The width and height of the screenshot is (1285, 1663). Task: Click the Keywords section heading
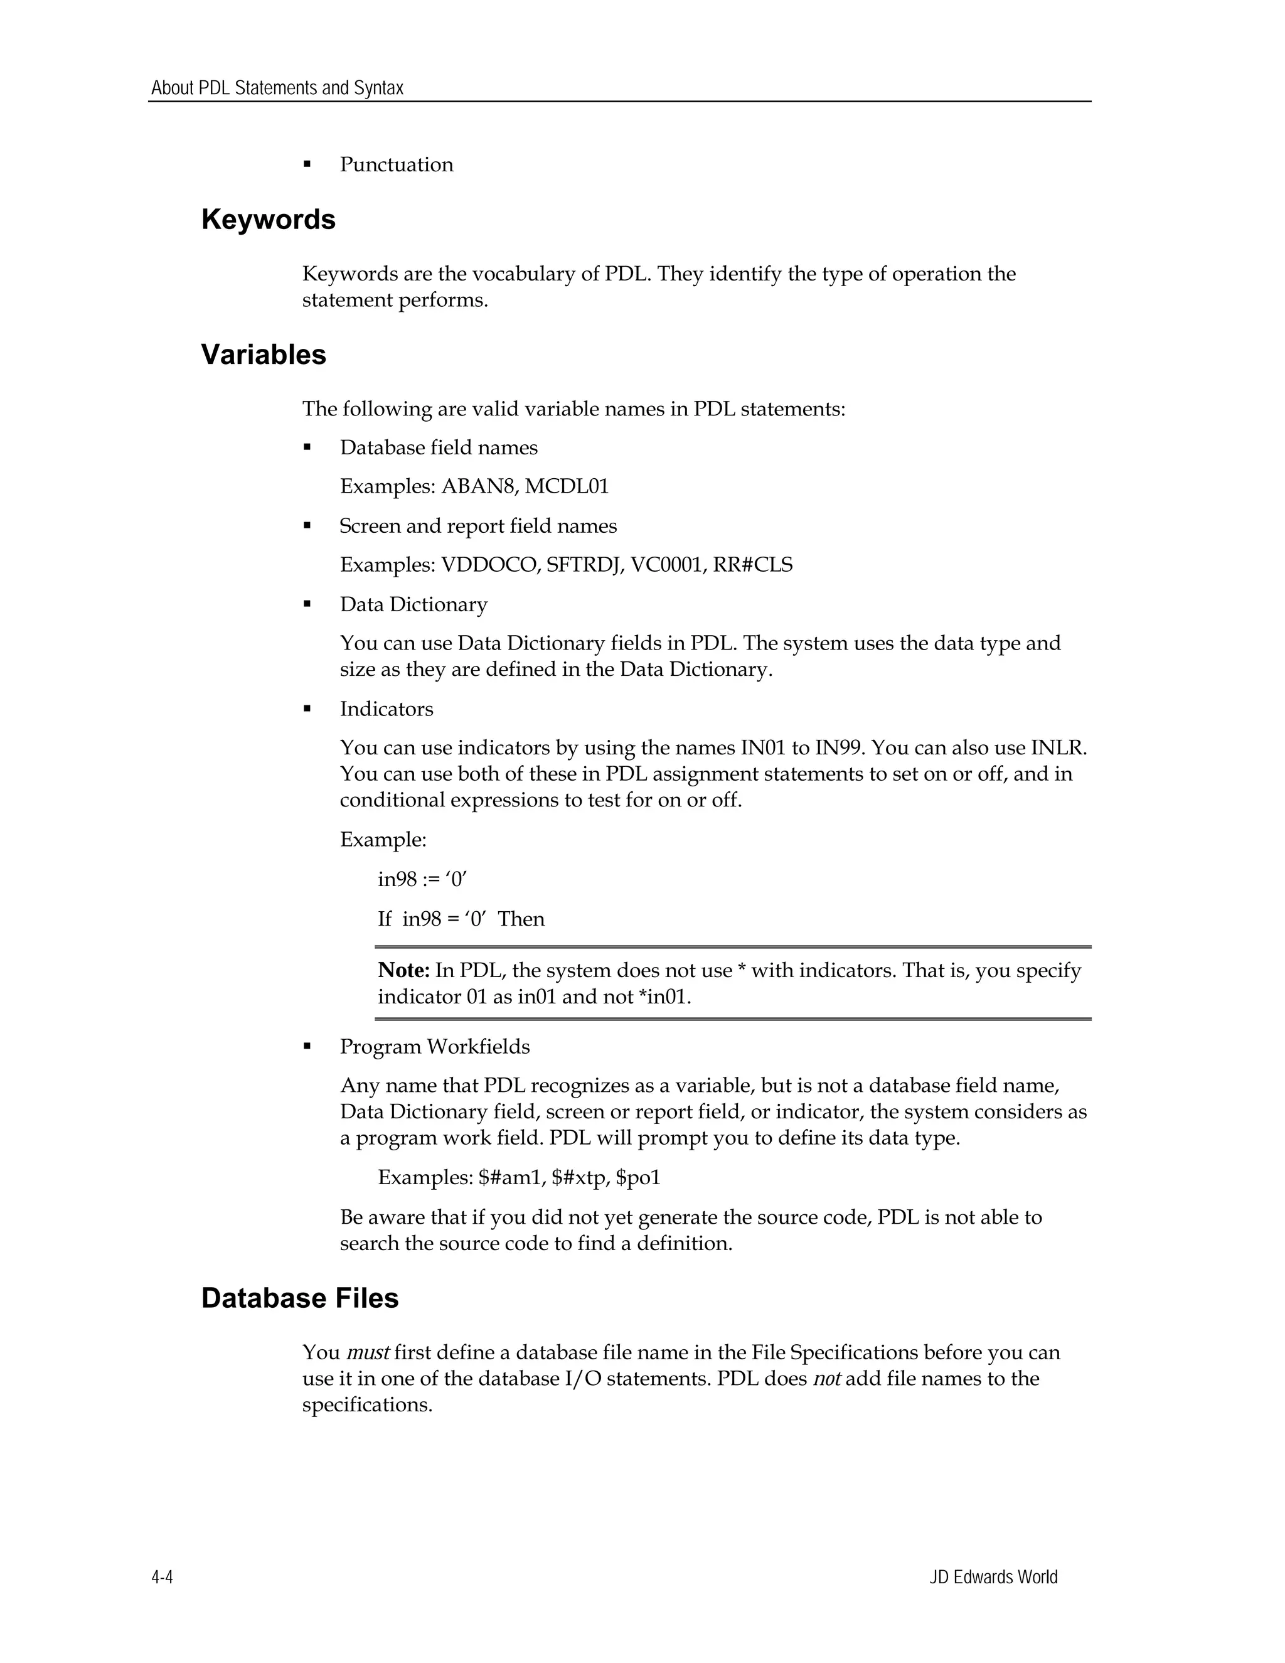tap(268, 220)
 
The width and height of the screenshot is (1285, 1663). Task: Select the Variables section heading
tap(264, 355)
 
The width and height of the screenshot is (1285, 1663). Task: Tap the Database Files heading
tap(300, 1298)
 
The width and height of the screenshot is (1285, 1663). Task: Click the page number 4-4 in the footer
tap(162, 1577)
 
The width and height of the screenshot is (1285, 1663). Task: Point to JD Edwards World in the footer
tap(993, 1577)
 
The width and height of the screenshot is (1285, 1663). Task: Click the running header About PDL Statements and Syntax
tap(277, 88)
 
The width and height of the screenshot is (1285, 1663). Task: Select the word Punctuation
tap(396, 164)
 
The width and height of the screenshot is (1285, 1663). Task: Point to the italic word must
tap(368, 1353)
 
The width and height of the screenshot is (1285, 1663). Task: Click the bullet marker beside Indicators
tap(307, 709)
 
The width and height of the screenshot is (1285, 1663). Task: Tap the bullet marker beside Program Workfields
tap(307, 1047)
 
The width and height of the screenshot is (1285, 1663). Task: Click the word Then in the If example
tap(521, 919)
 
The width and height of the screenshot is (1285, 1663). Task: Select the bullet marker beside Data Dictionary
tap(307, 604)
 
